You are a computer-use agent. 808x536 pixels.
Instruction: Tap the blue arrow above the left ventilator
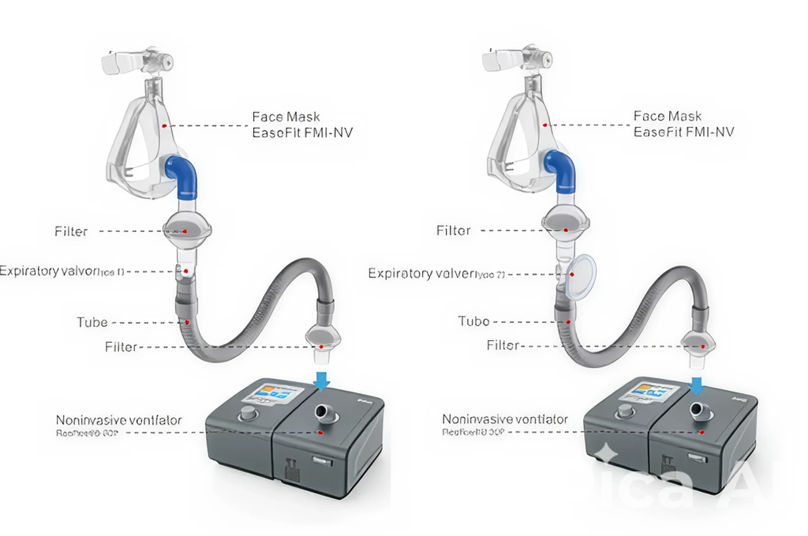coord(321,381)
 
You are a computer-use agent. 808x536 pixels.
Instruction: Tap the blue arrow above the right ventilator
coord(697,384)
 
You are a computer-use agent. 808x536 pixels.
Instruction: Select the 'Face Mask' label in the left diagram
coord(286,117)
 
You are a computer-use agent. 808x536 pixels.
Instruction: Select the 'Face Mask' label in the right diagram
coord(668,116)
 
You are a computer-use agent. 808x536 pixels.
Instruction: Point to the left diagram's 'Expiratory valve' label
coord(49,272)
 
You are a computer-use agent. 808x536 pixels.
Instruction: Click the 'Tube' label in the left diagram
coord(92,322)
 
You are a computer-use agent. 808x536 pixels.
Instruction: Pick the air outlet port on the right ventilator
coord(698,410)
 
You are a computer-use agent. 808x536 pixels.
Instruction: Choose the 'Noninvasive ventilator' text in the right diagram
coord(505,419)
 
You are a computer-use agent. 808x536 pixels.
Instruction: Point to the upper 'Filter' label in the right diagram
coord(454,231)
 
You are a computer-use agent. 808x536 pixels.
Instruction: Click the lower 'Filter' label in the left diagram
coord(121,347)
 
